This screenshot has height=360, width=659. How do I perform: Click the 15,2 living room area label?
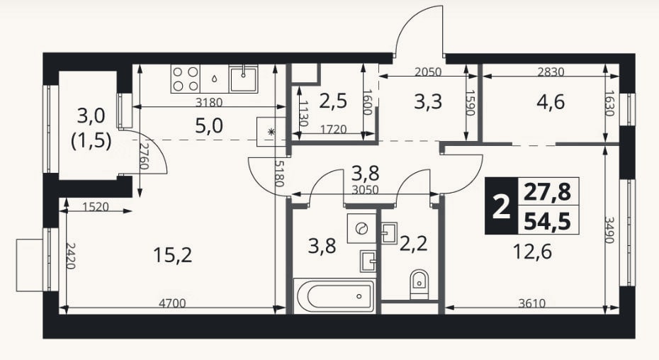click(x=173, y=254)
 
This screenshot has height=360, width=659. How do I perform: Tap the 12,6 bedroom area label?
click(x=532, y=252)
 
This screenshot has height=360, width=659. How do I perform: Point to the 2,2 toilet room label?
click(x=414, y=244)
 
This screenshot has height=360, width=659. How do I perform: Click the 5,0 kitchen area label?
click(x=209, y=125)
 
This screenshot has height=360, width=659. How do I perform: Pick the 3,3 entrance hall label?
click(x=428, y=102)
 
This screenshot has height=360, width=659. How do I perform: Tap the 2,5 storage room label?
click(x=333, y=101)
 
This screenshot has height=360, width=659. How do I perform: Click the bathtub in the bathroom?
click(x=334, y=296)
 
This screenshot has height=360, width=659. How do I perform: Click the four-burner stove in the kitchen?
click(x=186, y=79)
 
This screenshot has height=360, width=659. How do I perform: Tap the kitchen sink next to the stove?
click(x=243, y=79)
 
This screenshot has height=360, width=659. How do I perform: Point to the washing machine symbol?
click(x=361, y=228)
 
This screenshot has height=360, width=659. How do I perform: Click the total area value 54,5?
click(x=547, y=221)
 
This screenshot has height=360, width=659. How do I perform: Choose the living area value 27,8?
click(x=547, y=191)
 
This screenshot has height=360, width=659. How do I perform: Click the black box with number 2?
click(x=501, y=206)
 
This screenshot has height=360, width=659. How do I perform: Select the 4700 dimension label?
click(x=171, y=303)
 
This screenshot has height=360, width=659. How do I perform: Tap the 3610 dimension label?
click(x=532, y=303)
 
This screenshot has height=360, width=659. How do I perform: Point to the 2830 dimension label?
click(x=551, y=72)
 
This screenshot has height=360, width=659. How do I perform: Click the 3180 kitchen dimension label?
click(x=209, y=102)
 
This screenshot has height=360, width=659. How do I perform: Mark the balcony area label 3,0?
click(x=91, y=116)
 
